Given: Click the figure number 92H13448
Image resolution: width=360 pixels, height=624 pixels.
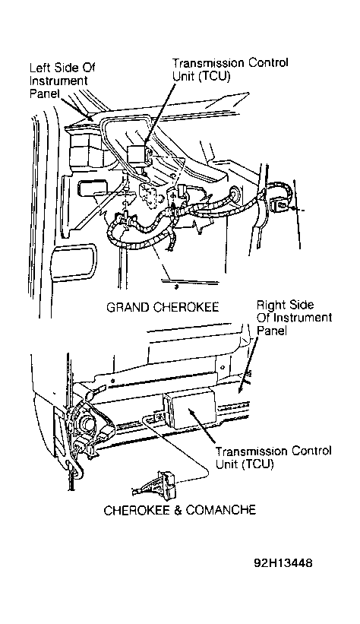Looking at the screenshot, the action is (283, 563).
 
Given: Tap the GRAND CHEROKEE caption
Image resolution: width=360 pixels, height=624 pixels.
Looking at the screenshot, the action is (163, 307).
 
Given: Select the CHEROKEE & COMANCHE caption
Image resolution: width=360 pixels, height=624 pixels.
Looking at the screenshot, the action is (179, 510).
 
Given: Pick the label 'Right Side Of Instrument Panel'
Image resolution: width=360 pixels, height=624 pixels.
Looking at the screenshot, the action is (294, 318).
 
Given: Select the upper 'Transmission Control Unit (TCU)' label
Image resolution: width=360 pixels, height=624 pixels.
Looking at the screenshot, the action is (230, 69).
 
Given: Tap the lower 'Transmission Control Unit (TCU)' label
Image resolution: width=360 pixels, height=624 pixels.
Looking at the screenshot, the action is (273, 458).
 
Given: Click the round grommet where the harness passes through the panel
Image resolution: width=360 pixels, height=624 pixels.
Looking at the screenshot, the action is (236, 192).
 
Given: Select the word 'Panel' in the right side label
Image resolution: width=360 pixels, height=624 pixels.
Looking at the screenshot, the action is (272, 331).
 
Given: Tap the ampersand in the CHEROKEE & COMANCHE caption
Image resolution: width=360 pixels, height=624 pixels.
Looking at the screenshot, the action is (178, 510).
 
